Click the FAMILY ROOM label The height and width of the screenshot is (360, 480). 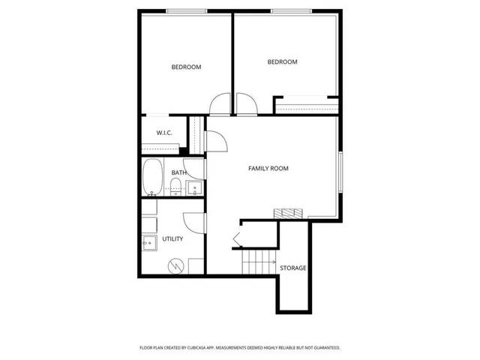(x=268, y=169)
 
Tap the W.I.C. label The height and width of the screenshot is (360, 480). (x=164, y=133)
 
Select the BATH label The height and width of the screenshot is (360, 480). (x=178, y=172)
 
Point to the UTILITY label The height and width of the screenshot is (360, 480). (x=172, y=238)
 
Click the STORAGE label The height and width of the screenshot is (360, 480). (x=292, y=268)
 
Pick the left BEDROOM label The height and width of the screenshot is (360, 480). (x=186, y=67)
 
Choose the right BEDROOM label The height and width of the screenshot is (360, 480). (x=283, y=62)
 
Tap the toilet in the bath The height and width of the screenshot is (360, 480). (x=175, y=190)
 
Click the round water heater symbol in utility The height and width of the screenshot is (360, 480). (x=175, y=265)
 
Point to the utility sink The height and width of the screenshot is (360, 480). (x=148, y=242)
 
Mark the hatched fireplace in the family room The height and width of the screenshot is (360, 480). (x=287, y=213)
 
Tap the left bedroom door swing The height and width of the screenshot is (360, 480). (x=220, y=105)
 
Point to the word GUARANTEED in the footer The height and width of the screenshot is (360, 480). (x=324, y=348)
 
